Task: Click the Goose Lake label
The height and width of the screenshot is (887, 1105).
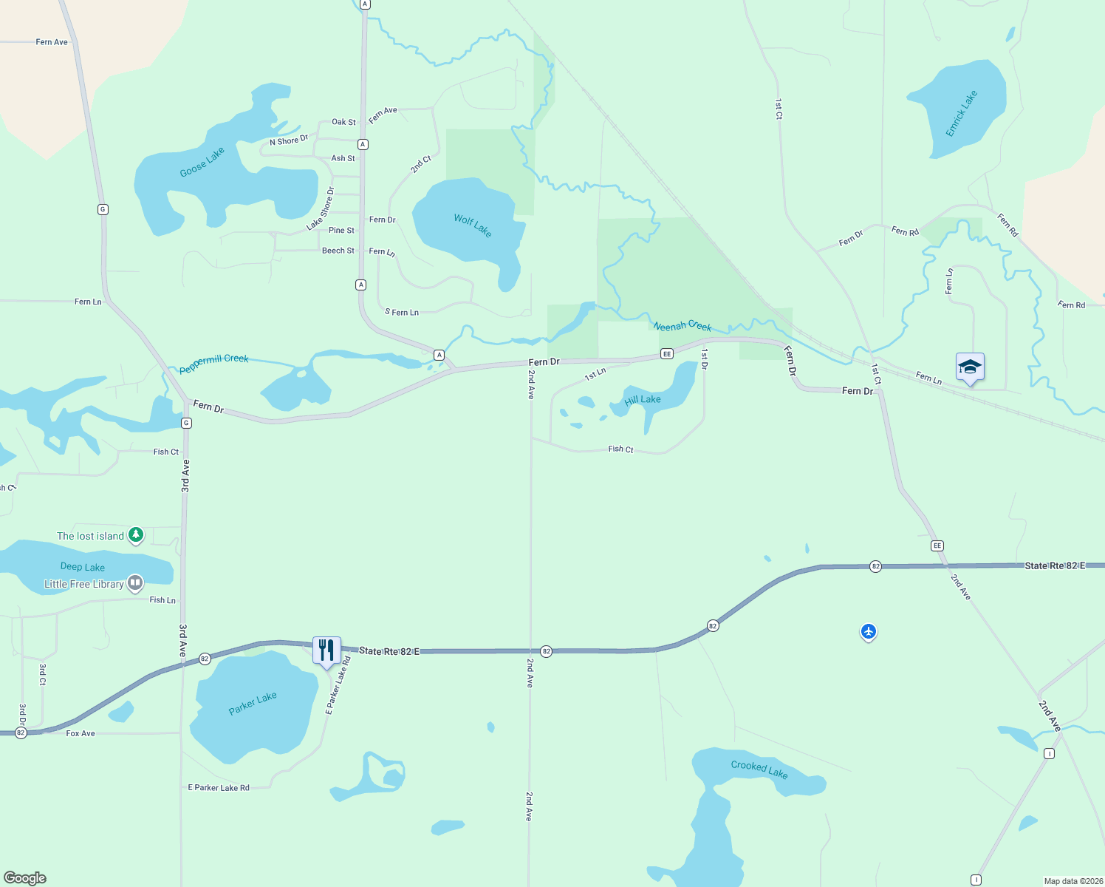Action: pyautogui.click(x=202, y=163)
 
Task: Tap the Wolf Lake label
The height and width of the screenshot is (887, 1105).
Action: pyautogui.click(x=473, y=225)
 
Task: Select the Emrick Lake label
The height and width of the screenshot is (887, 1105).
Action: pyautogui.click(x=962, y=113)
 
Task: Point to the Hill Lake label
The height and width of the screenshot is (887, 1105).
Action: pyautogui.click(x=643, y=400)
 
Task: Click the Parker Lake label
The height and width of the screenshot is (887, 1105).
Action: pyautogui.click(x=253, y=703)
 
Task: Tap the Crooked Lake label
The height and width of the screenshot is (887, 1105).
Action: pyautogui.click(x=759, y=769)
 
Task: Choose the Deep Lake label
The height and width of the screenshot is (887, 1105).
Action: pyautogui.click(x=83, y=567)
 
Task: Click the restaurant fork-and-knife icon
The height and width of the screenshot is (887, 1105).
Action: pyautogui.click(x=326, y=650)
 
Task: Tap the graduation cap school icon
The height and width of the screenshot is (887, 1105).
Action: pyautogui.click(x=970, y=367)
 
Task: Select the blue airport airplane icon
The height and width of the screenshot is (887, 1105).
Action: pyautogui.click(x=869, y=631)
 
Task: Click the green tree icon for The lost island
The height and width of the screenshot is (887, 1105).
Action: pyautogui.click(x=135, y=534)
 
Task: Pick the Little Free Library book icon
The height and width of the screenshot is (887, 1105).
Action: pyautogui.click(x=135, y=583)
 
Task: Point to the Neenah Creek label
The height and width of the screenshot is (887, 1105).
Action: pyautogui.click(x=682, y=326)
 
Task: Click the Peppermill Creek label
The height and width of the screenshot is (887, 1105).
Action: pyautogui.click(x=214, y=363)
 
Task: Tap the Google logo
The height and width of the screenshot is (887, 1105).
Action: pyautogui.click(x=25, y=878)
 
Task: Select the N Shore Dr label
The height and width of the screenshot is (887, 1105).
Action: pyautogui.click(x=289, y=140)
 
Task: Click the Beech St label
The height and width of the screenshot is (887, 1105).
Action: pyautogui.click(x=338, y=251)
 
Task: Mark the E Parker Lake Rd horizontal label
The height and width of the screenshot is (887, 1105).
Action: pyautogui.click(x=219, y=788)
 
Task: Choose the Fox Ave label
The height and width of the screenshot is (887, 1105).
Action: pyautogui.click(x=81, y=733)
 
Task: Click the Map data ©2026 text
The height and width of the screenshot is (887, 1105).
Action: pyautogui.click(x=1072, y=881)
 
